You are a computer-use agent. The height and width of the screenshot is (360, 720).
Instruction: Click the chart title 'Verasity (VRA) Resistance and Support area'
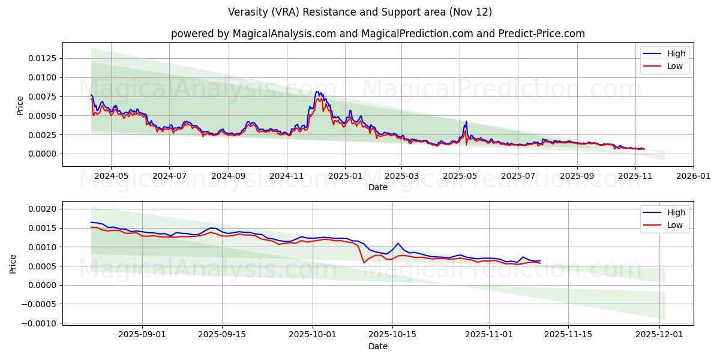pyautogui.click(x=360, y=12)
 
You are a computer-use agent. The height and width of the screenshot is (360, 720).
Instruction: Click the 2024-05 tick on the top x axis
pyautogui.click(x=111, y=176)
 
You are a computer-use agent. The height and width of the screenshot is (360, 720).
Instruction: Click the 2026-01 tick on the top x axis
pyautogui.click(x=694, y=176)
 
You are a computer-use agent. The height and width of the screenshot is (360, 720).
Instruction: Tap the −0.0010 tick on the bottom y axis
pyautogui.click(x=40, y=323)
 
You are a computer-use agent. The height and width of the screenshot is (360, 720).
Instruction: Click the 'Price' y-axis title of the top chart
pyautogui.click(x=20, y=105)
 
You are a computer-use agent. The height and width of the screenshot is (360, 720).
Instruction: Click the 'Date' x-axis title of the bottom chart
pyautogui.click(x=378, y=346)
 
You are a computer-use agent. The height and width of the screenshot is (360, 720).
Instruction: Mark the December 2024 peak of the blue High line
pyautogui.click(x=317, y=92)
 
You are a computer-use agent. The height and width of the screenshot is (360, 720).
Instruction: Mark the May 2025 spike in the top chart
pyautogui.click(x=466, y=122)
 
